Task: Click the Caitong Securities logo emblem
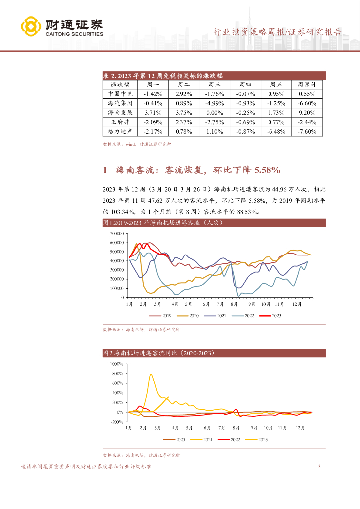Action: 30,27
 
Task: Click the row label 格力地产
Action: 120,132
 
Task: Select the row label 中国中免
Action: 120,94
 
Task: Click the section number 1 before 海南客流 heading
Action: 105,170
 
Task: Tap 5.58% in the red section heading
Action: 267,170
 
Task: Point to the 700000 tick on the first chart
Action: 116,234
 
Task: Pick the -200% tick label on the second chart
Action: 116,422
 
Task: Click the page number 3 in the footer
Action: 319,467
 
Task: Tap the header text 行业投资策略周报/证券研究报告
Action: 277,32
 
